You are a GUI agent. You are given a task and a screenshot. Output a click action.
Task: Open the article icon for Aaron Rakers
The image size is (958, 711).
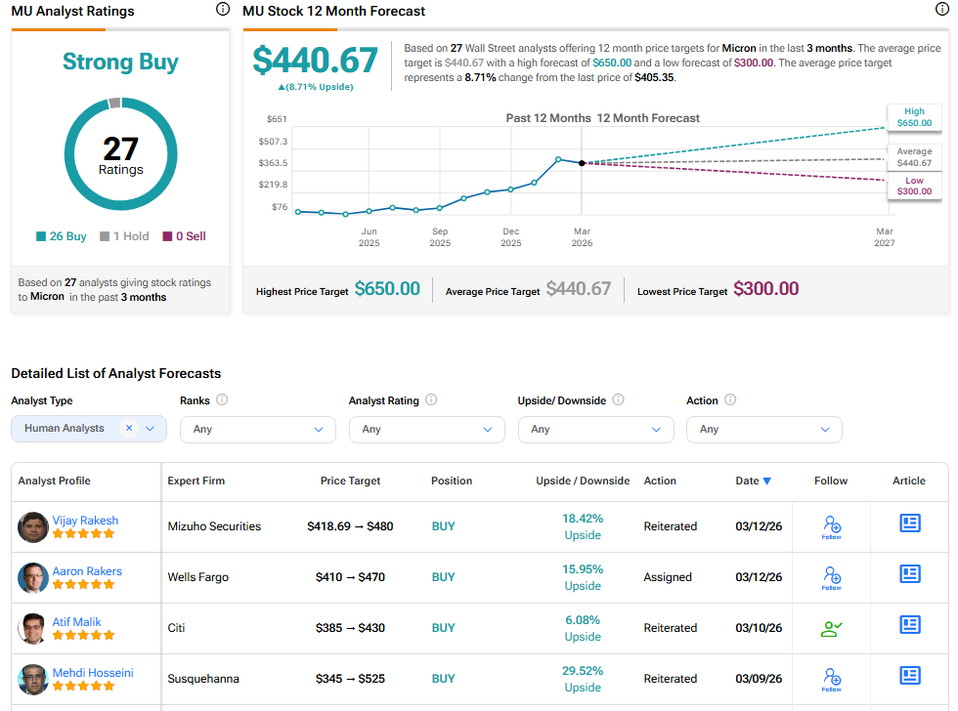[x=909, y=574]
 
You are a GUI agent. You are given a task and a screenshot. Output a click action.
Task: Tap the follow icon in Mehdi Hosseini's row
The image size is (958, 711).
[x=832, y=676]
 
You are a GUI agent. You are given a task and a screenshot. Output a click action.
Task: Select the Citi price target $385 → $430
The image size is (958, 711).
[x=350, y=628]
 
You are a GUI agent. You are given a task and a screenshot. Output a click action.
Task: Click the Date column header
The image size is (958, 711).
[x=753, y=481]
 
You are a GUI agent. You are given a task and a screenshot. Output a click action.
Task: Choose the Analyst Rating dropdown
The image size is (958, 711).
[x=426, y=429]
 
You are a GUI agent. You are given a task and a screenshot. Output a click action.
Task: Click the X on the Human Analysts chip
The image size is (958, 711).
[x=129, y=428]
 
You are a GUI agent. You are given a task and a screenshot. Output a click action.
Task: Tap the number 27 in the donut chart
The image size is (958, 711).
[x=121, y=148]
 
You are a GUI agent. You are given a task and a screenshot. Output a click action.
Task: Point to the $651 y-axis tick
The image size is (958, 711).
[x=277, y=119]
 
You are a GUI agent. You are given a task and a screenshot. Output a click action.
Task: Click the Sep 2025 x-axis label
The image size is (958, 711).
[x=440, y=237]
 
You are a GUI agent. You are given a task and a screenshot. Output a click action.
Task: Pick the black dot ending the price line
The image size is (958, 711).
[x=582, y=163]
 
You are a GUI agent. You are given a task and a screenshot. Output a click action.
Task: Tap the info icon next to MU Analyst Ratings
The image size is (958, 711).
[x=222, y=10]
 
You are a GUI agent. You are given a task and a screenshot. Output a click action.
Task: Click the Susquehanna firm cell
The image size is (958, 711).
[x=203, y=679]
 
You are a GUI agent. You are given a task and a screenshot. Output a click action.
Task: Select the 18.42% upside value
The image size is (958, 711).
[x=583, y=519]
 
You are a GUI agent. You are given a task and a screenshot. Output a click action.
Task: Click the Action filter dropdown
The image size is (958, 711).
[x=763, y=429]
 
